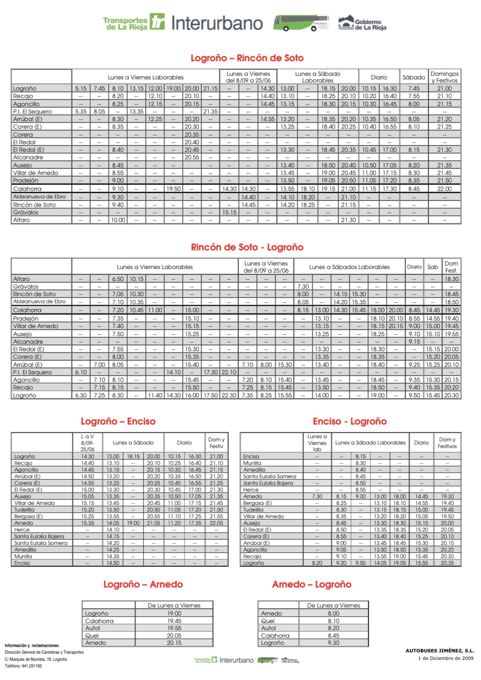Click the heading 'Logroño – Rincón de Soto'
pyautogui.click(x=247, y=58)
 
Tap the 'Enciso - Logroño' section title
pyautogui.click(x=350, y=422)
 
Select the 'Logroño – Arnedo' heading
pyautogui.click(x=143, y=585)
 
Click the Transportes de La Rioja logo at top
pyautogui.click(x=134, y=23)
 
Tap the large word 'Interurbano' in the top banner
pyautogui.click(x=217, y=23)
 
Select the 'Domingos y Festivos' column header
pyautogui.click(x=444, y=77)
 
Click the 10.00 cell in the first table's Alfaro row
pyautogui.click(x=118, y=220)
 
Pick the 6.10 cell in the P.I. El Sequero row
pyautogui.click(x=81, y=372)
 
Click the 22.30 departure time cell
pyautogui.click(x=229, y=395)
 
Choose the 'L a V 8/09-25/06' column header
pyautogui.click(x=87, y=443)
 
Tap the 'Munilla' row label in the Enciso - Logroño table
pyautogui.click(x=252, y=463)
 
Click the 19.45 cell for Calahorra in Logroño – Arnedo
pyautogui.click(x=174, y=621)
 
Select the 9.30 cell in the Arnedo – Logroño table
pyautogui.click(x=334, y=643)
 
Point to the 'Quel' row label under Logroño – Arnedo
pyautogui.click(x=92, y=636)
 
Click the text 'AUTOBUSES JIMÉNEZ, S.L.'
pyautogui.click(x=439, y=651)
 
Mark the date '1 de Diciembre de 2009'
pyautogui.click(x=445, y=658)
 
